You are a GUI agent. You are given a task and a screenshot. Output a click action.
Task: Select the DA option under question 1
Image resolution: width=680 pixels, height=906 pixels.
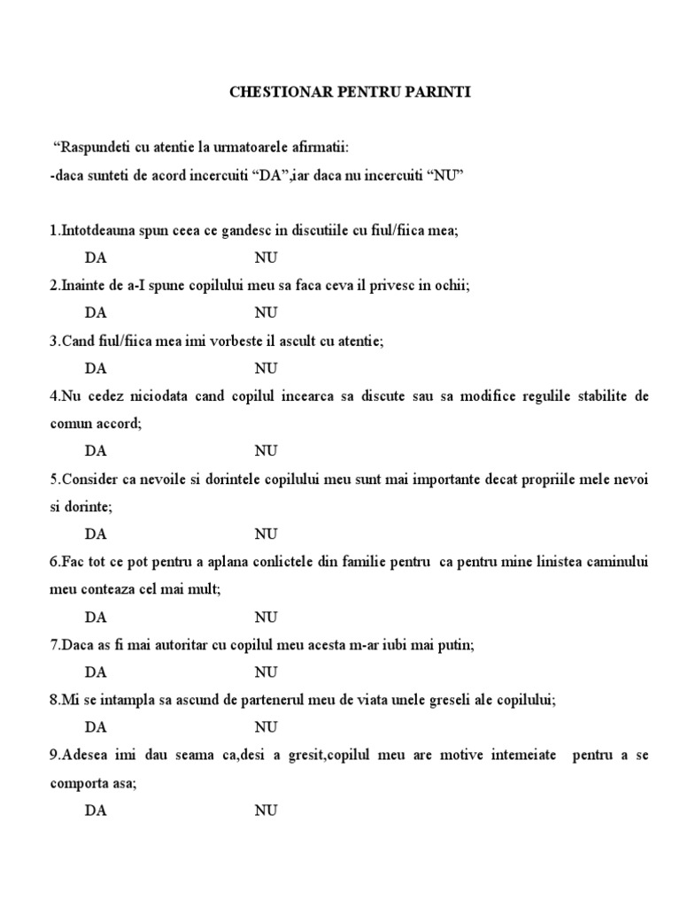(96, 257)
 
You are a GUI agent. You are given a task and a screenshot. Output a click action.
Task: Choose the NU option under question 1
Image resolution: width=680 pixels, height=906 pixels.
(267, 257)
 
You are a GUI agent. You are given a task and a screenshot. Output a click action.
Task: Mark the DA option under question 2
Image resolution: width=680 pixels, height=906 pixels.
(96, 312)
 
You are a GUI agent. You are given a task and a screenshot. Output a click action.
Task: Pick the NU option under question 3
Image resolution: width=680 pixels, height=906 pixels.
(267, 367)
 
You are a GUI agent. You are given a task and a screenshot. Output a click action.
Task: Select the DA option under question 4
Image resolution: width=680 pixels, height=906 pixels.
(96, 450)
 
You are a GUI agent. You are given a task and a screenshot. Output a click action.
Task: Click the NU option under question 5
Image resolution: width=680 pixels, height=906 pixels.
(267, 534)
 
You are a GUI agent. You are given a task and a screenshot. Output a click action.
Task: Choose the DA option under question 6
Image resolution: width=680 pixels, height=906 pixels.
(96, 616)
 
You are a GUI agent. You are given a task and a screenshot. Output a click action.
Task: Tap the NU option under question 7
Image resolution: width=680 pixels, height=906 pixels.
(267, 672)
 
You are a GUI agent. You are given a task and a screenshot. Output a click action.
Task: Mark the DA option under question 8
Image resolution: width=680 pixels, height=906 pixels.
(96, 727)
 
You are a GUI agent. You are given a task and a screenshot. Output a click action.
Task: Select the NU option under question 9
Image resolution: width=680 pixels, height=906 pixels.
(267, 810)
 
